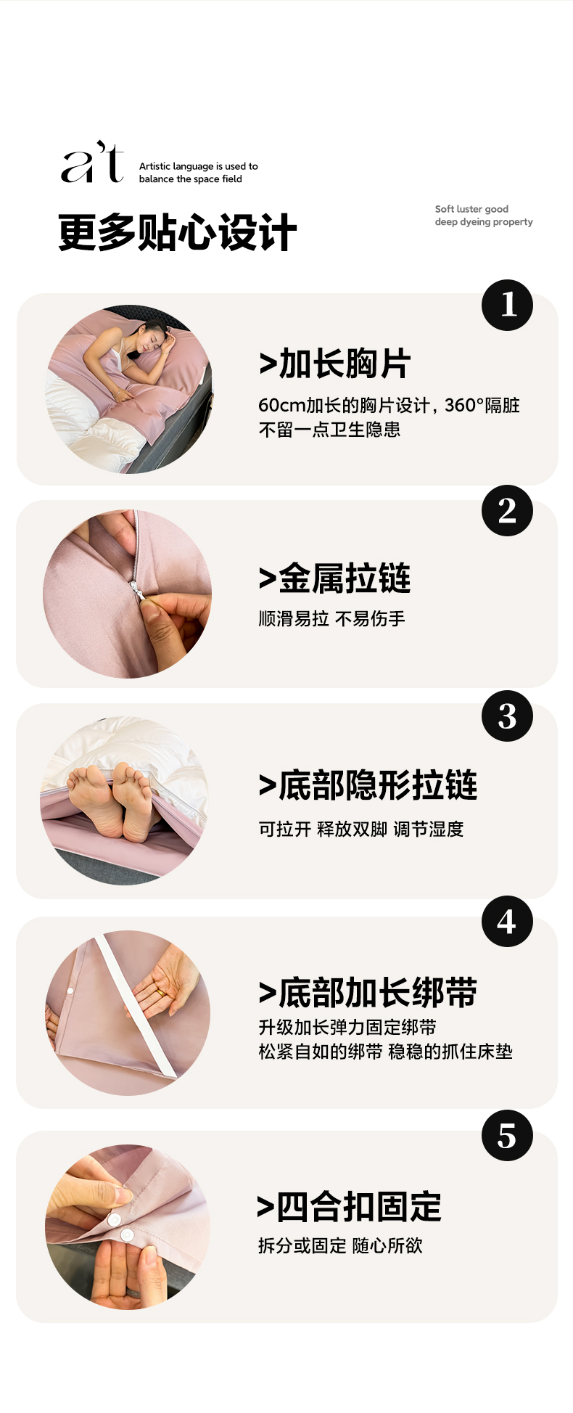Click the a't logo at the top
(93, 162)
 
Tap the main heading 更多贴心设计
(178, 233)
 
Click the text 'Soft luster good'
(471, 209)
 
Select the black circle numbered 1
(507, 305)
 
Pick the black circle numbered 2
(507, 510)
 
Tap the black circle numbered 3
(507, 716)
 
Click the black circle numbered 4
(507, 921)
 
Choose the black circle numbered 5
(507, 1135)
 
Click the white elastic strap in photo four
(136, 1005)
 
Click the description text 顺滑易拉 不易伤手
(332, 618)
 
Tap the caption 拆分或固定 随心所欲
(340, 1245)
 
